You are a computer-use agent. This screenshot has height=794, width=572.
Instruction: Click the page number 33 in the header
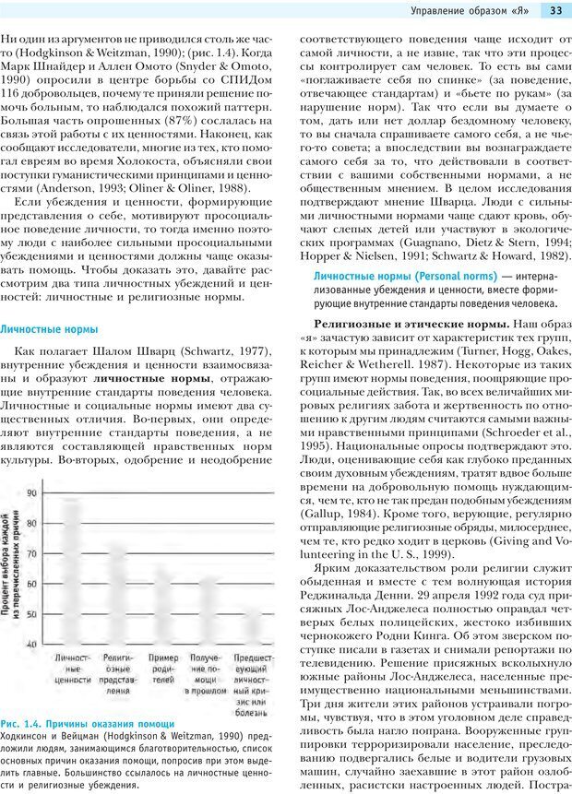pos(556,11)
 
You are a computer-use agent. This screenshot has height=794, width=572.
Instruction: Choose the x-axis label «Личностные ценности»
pos(72,669)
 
